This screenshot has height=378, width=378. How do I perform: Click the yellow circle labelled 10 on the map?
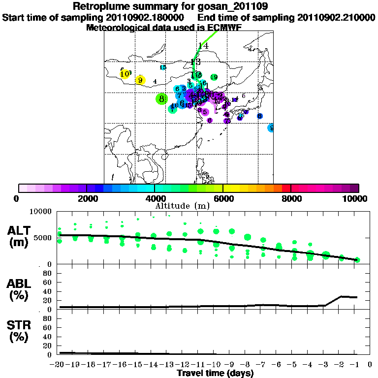pyautogui.click(x=125, y=74)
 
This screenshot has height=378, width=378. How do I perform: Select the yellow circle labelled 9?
pyautogui.click(x=140, y=80)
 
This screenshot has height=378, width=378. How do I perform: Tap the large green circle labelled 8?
pyautogui.click(x=161, y=99)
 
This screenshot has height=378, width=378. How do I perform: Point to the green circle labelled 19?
pyautogui.click(x=214, y=77)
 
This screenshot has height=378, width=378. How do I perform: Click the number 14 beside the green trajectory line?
pyautogui.click(x=203, y=46)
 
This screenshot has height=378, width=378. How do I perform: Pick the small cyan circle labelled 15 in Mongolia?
pyautogui.click(x=163, y=67)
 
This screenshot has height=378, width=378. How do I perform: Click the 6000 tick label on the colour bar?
pyautogui.click(x=223, y=198)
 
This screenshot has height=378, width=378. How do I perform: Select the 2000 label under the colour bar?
pyautogui.click(x=86, y=198)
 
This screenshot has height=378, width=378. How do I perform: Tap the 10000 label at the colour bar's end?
pyautogui.click(x=355, y=198)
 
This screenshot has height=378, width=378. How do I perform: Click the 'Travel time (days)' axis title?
pyautogui.click(x=215, y=374)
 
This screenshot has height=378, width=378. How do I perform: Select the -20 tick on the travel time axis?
pyautogui.click(x=59, y=364)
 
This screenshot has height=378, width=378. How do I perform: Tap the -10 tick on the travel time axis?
pyautogui.click(x=215, y=364)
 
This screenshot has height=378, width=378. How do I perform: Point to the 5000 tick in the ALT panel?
pyautogui.click(x=42, y=238)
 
